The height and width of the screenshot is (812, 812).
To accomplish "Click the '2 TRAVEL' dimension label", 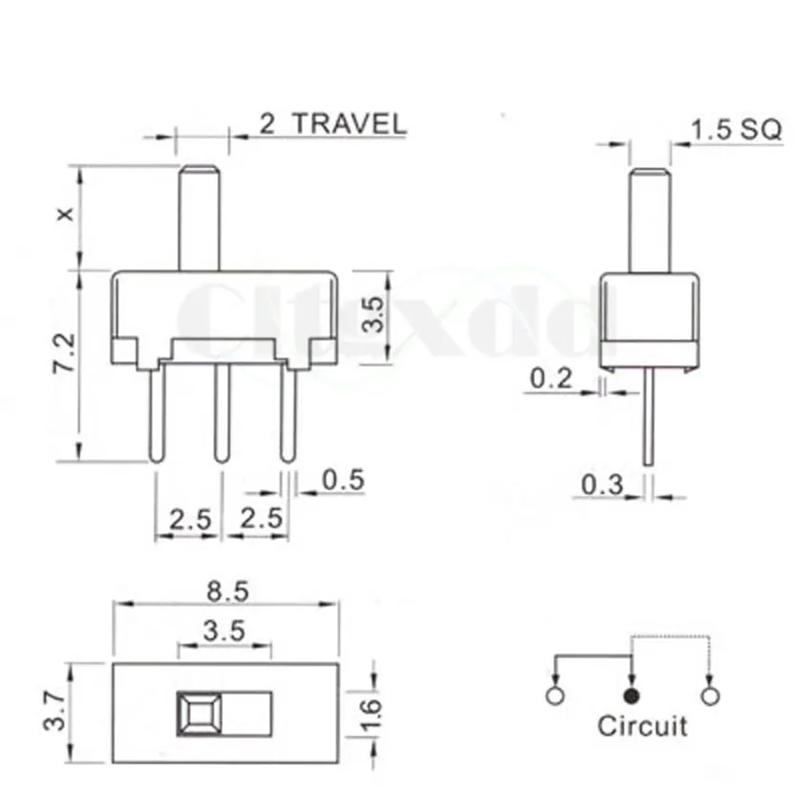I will pos(332,123).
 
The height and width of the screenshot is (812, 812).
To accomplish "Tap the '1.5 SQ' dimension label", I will pos(736,130).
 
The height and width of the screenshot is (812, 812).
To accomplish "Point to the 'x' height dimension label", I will pos(65,216).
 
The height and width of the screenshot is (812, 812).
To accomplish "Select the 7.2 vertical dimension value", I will pos(65,353).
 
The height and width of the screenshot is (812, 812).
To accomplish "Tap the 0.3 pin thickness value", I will pos(602,485).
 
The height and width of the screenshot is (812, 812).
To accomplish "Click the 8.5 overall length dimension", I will pos(226,591).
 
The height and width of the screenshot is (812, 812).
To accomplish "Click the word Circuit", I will pos(642,725).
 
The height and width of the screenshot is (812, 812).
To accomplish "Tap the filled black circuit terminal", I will pos(630,695).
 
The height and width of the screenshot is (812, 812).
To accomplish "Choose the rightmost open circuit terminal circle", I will pos(708,695).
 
